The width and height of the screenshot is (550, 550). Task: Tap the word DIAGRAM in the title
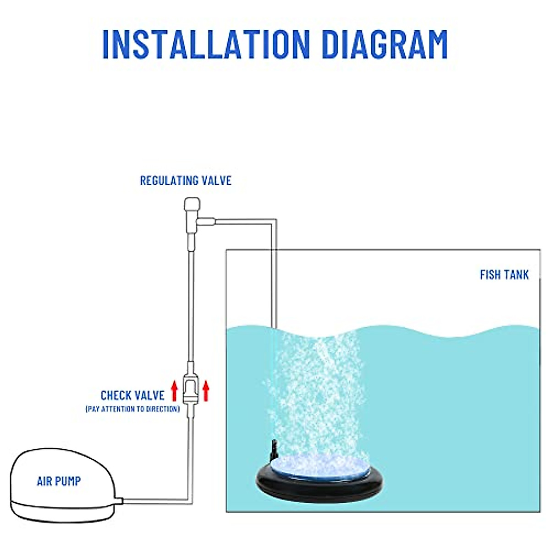click(384, 44)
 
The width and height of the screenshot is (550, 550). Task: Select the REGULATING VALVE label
click(186, 181)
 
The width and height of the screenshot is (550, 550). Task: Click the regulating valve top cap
click(191, 203)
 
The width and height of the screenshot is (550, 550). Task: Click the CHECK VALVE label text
click(132, 396)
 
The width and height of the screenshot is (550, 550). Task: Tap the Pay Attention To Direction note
click(132, 409)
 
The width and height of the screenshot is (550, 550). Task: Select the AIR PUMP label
click(59, 481)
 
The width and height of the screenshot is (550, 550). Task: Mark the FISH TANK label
click(504, 275)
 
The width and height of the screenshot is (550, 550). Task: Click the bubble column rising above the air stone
click(316, 390)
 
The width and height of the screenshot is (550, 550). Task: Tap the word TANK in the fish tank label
click(516, 275)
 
